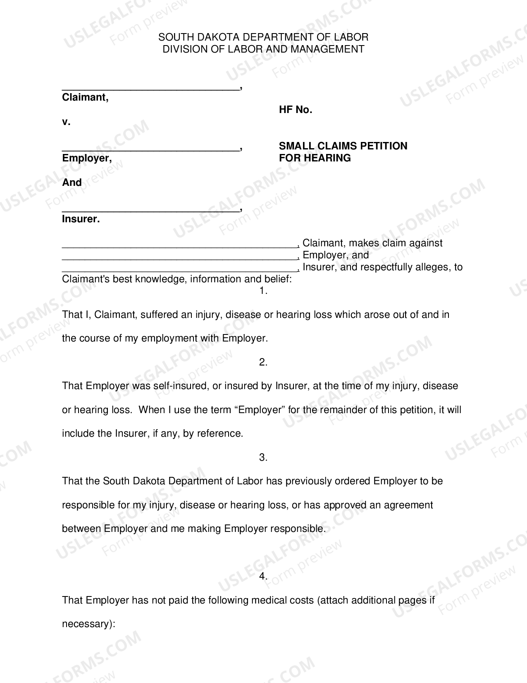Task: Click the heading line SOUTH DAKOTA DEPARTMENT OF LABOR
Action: coord(263,37)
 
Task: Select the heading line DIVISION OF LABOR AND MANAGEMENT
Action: coord(263,49)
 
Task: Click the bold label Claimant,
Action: coord(85,97)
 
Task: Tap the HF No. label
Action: coord(296,110)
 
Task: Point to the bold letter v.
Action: coord(66,122)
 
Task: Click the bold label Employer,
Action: coord(87,158)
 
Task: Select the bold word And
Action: coord(72,183)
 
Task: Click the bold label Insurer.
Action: coord(81,219)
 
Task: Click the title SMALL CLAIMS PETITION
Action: coord(343,146)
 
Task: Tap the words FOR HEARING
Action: coord(315,158)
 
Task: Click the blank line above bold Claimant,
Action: coord(151,88)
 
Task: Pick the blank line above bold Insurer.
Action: coord(151,210)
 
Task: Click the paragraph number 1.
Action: coord(263,291)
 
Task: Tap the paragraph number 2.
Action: coord(263,362)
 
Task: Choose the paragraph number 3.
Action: coord(263,457)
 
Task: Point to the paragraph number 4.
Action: coord(263,576)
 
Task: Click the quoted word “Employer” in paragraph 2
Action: coord(260,410)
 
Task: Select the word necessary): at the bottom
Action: coord(88,624)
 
